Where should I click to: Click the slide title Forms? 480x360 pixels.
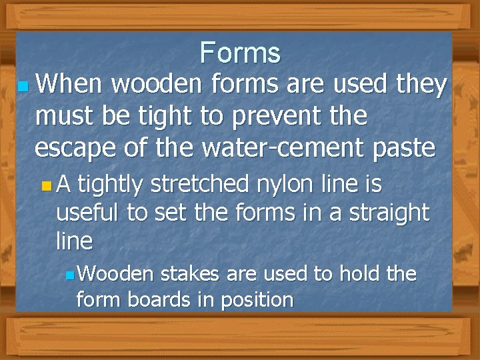coord(240,52)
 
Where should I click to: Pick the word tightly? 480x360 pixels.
coord(111,184)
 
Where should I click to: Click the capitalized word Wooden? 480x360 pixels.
coord(117,273)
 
